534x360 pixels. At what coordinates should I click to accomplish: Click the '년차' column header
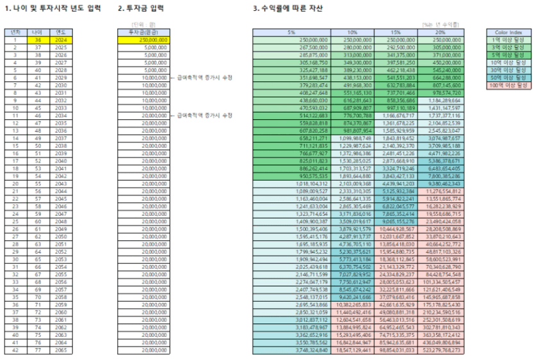pyautogui.click(x=13, y=31)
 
